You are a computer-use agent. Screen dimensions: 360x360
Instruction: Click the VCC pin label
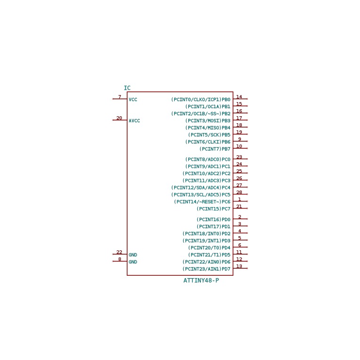(133, 100)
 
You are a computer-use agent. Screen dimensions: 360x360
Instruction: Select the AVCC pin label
(134, 121)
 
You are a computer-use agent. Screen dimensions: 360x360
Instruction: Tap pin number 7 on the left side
(120, 96)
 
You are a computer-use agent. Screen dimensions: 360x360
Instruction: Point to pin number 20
(119, 118)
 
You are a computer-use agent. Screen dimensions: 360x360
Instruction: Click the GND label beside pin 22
(133, 255)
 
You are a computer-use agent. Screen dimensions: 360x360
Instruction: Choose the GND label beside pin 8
(133, 262)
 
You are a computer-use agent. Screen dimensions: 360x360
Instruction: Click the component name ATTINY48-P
(201, 280)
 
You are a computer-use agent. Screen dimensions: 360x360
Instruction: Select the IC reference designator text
(127, 88)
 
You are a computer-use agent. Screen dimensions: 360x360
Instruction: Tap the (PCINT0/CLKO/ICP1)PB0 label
(200, 100)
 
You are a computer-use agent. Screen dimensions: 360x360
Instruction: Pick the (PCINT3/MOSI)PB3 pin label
(208, 121)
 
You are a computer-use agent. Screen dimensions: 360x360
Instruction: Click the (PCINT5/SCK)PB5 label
(209, 135)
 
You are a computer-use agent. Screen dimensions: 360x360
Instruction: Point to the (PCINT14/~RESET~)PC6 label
(202, 202)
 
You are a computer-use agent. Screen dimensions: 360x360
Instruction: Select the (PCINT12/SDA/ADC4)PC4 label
(200, 188)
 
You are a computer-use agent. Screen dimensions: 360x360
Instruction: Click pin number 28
(239, 192)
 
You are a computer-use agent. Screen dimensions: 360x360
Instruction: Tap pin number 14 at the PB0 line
(239, 97)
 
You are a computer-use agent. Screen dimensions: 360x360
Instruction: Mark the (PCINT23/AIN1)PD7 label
(207, 269)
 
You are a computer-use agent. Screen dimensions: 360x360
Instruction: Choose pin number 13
(239, 266)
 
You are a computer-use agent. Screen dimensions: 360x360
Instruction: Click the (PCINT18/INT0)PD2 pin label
(207, 234)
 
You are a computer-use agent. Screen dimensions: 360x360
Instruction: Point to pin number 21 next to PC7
(239, 207)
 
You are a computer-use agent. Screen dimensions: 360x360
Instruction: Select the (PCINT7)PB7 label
(215, 149)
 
